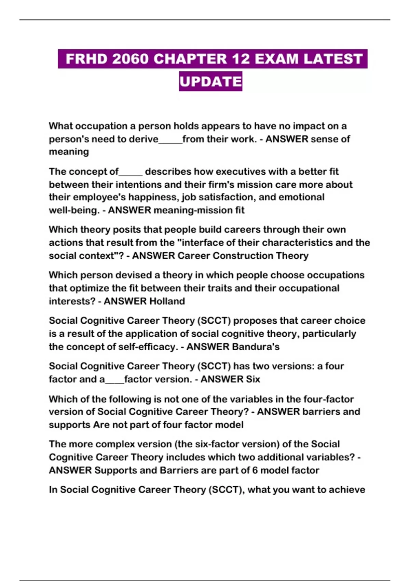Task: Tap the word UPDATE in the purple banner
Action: [210, 82]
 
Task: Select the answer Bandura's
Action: [256, 347]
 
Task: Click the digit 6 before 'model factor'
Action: [255, 470]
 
